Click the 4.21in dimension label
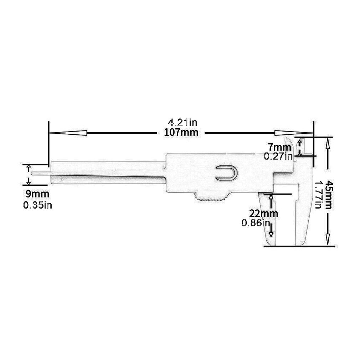pyautogui.click(x=182, y=123)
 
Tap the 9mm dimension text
pyautogui.click(x=37, y=194)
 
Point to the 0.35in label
pyautogui.click(x=37, y=206)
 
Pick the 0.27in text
pyautogui.click(x=278, y=156)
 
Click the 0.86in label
pyautogui.click(x=255, y=223)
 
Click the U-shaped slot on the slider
pyautogui.click(x=226, y=173)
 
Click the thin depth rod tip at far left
pyautogui.click(x=33, y=173)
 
